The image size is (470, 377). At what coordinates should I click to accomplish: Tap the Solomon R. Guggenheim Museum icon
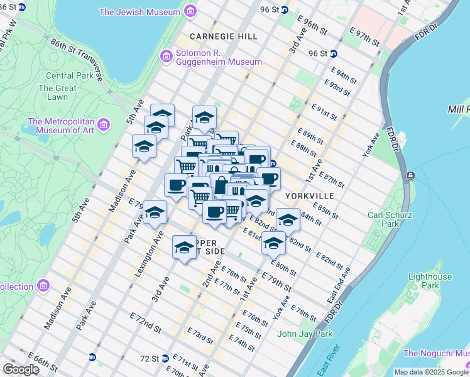(x=167, y=57)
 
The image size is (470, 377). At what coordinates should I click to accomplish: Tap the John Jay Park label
(x=305, y=334)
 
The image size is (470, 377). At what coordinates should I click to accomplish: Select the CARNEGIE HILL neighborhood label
(x=223, y=36)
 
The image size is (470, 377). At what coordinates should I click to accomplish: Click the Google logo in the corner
(x=21, y=369)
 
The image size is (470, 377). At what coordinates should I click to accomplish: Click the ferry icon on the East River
(x=410, y=175)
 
